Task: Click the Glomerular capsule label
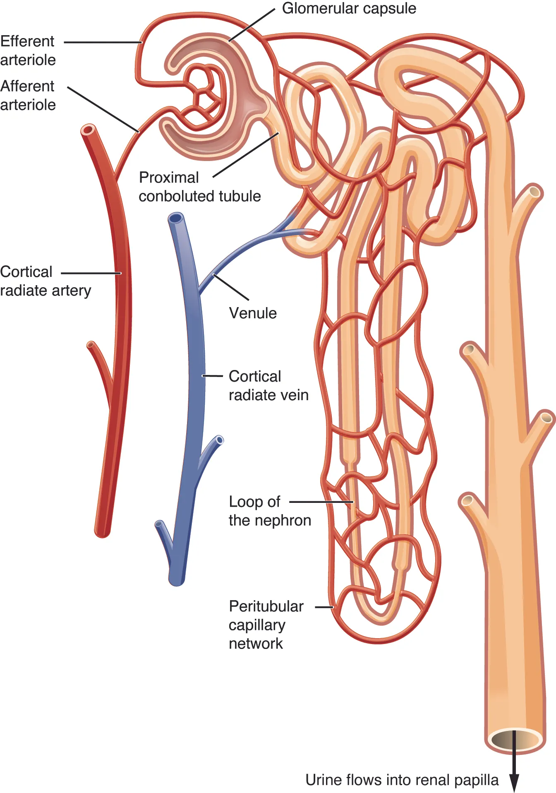(x=349, y=9)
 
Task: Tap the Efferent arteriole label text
(x=28, y=50)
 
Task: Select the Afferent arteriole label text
(x=28, y=95)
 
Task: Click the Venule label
(x=253, y=313)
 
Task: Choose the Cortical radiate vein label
(x=268, y=386)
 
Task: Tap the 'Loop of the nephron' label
(x=270, y=511)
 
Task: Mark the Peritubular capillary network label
(x=266, y=625)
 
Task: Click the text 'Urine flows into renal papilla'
(x=402, y=780)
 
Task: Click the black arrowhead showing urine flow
(x=514, y=782)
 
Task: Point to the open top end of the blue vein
(x=176, y=218)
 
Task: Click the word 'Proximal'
(x=169, y=178)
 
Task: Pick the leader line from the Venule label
(x=231, y=287)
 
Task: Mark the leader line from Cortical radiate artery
(x=91, y=273)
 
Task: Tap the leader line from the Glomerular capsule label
(x=252, y=25)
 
